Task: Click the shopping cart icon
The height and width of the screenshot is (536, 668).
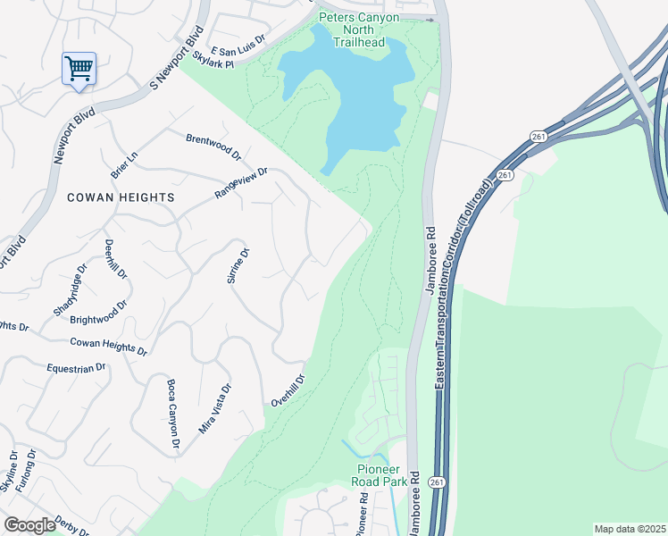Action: (79, 68)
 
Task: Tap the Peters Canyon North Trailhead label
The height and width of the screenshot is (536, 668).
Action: (356, 29)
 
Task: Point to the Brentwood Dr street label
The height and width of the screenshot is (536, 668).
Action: (213, 146)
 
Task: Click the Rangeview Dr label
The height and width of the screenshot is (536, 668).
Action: (241, 182)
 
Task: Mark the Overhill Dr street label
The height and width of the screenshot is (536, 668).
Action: (288, 391)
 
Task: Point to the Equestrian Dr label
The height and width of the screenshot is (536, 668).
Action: (76, 367)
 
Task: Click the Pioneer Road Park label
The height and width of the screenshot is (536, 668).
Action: (382, 474)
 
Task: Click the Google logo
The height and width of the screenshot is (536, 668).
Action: (29, 525)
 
